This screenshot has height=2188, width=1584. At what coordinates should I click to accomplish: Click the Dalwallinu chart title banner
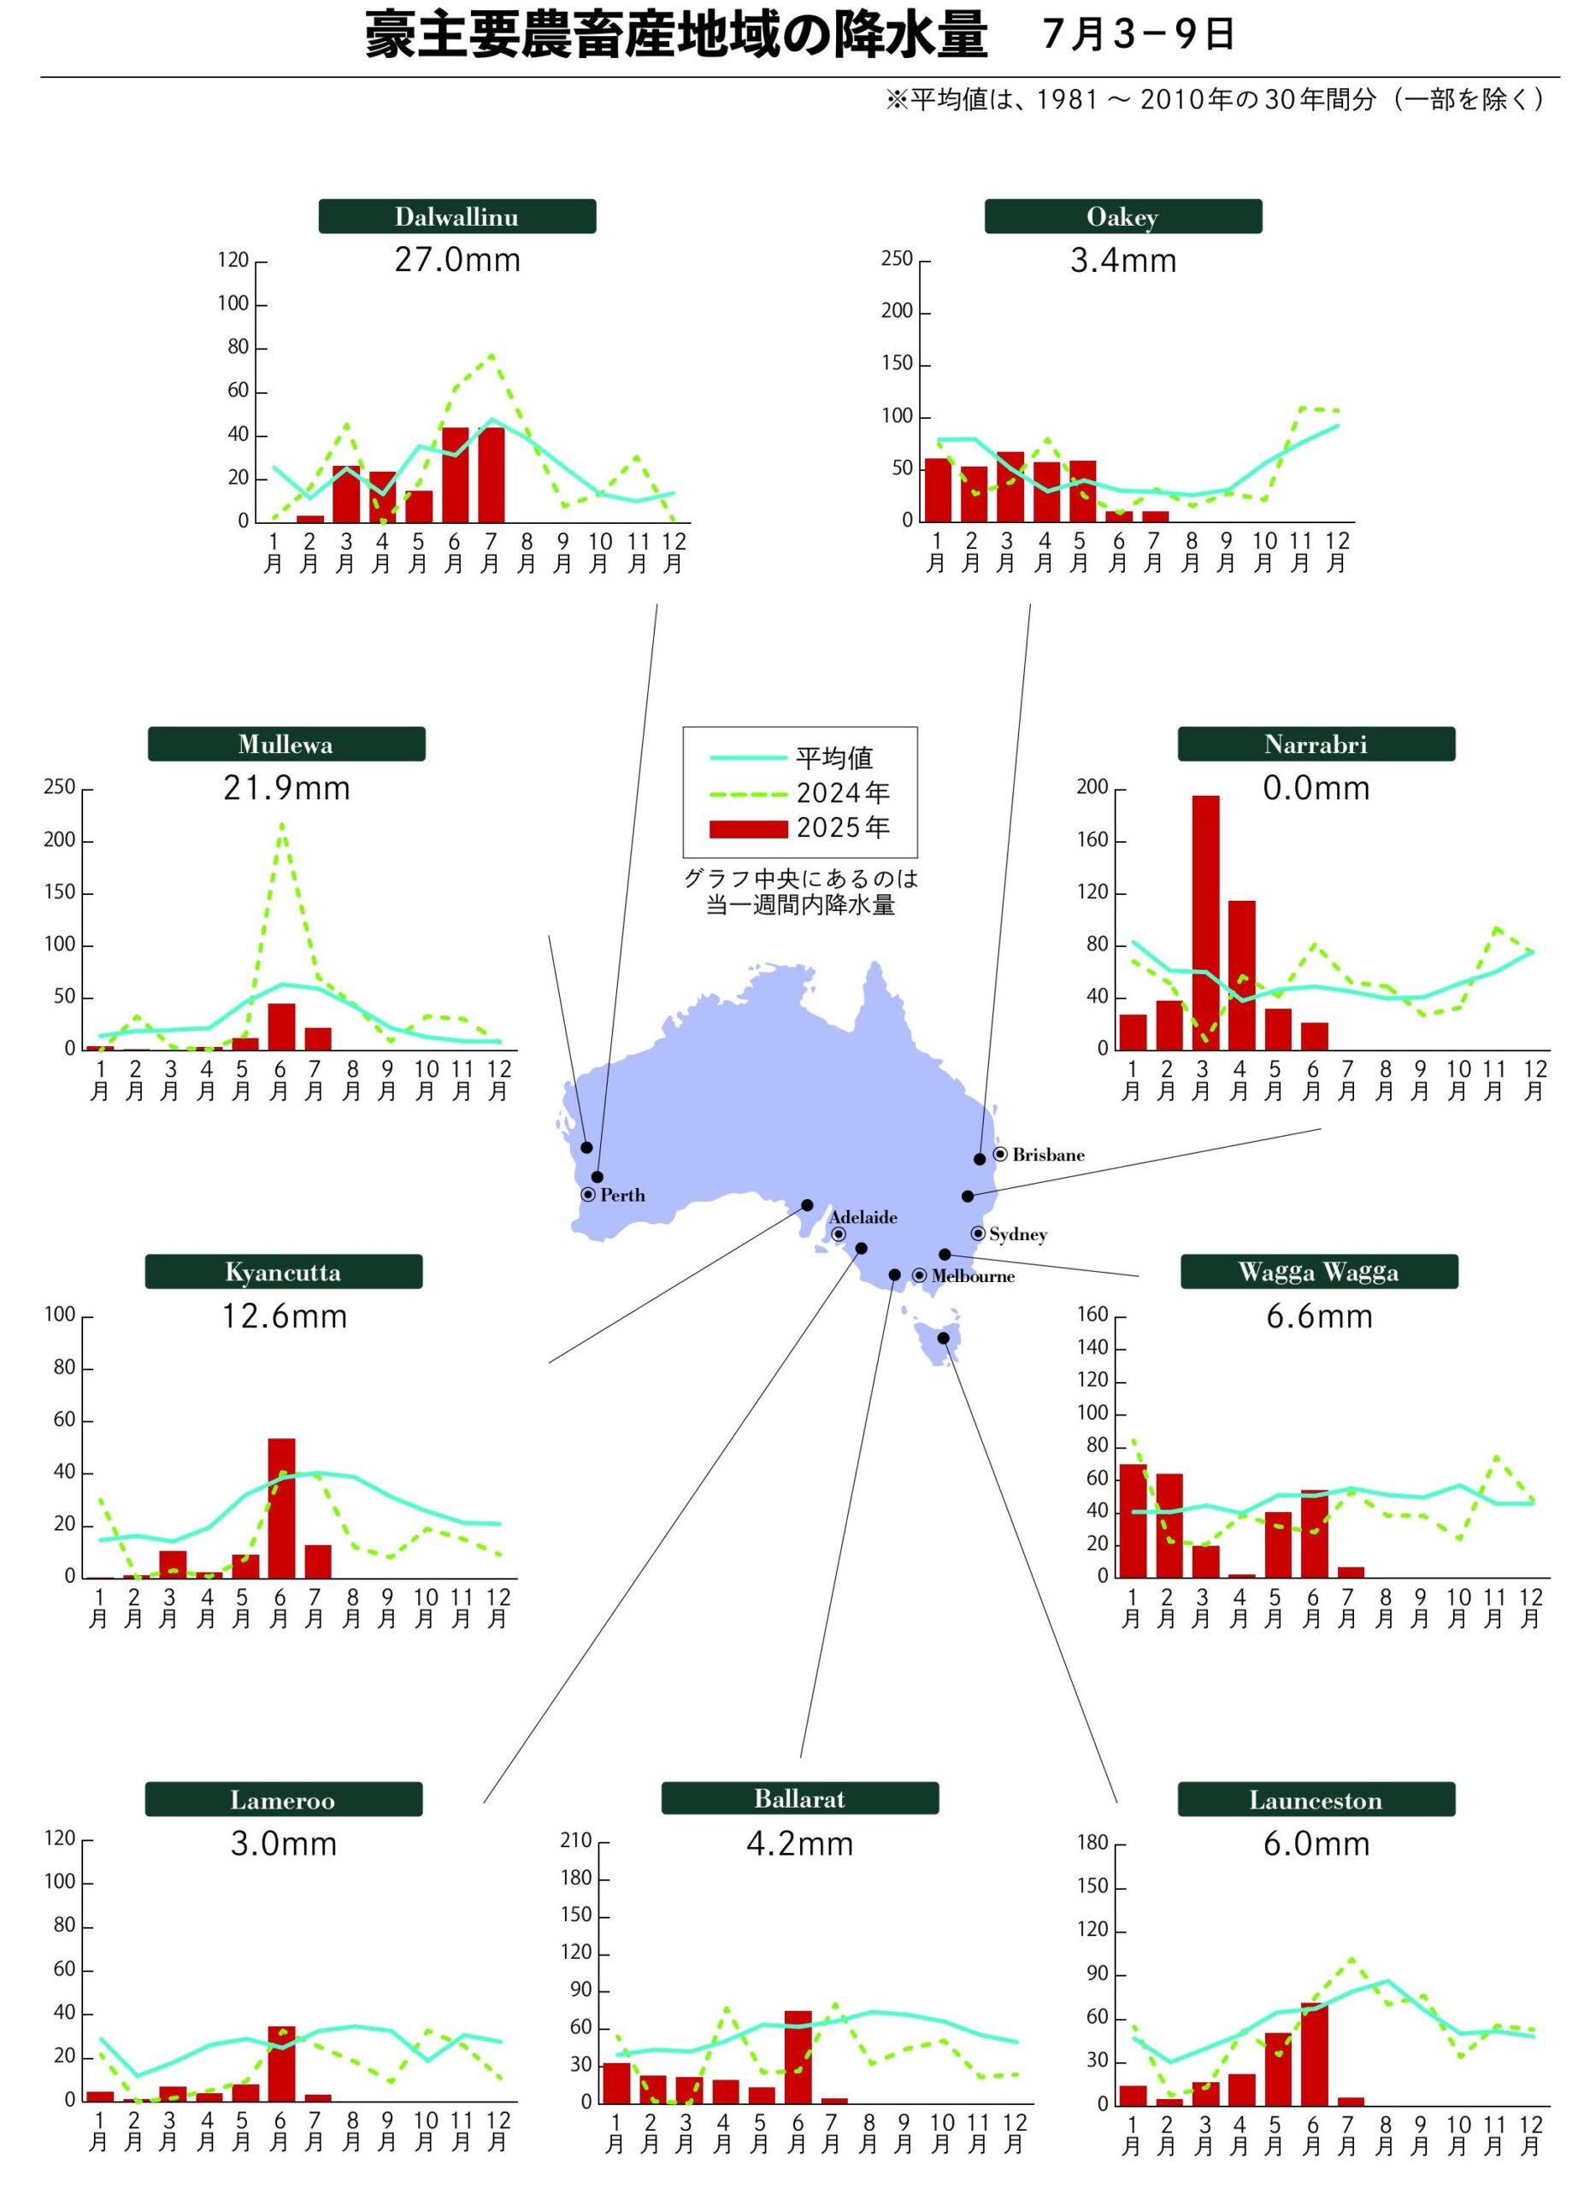456,216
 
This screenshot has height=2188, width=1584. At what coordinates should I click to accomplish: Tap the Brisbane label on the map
1048,1155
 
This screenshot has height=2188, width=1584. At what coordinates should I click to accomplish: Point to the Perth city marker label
622,1196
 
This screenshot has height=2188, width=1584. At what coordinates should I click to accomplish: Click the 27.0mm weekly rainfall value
457,261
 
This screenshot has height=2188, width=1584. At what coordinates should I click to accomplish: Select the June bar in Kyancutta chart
280,1508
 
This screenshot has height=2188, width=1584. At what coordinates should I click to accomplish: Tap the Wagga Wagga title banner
1318,1272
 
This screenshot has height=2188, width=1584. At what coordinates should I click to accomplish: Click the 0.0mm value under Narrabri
1316,788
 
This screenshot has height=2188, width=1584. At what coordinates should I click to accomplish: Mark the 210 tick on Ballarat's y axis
576,1841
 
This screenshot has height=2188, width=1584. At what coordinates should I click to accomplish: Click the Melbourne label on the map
973,1276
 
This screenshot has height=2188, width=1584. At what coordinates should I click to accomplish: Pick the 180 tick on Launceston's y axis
1093,1843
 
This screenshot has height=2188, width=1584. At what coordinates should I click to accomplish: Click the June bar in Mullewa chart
280,1026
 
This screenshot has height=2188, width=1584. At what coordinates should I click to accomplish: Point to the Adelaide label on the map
863,1217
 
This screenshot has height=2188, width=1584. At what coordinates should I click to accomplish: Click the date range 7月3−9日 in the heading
1139,35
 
